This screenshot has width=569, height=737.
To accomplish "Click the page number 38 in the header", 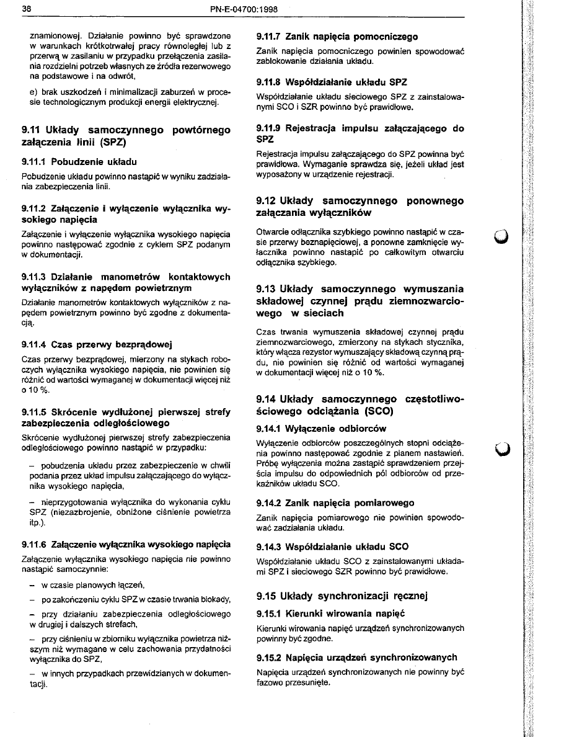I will click(x=25, y=9).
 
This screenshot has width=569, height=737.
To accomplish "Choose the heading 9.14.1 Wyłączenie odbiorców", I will click(x=321, y=428).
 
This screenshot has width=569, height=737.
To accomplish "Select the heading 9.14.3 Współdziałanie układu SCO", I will click(x=332, y=547).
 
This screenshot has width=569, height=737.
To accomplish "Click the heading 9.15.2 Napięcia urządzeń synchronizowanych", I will click(x=356, y=657).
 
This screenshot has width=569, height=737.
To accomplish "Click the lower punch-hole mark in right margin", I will click(x=501, y=447).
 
